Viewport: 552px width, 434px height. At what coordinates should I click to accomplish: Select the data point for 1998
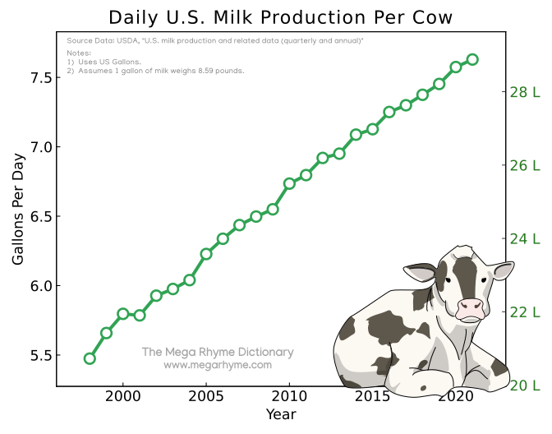point(90,358)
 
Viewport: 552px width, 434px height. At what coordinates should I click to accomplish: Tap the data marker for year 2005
point(206,254)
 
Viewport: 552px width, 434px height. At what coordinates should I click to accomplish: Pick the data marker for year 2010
point(289,183)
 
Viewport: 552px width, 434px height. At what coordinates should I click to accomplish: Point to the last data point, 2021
point(472,59)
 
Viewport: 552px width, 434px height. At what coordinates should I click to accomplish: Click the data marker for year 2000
point(123,313)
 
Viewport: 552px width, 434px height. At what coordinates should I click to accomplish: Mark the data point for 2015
point(372,129)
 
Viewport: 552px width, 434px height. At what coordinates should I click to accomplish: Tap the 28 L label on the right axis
point(525,92)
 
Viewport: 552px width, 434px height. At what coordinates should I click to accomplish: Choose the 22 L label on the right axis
point(525,312)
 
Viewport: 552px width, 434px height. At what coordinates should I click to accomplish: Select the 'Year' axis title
point(281,414)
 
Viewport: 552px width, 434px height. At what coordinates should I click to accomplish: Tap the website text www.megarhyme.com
point(218,365)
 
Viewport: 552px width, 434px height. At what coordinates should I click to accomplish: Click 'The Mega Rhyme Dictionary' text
point(218,352)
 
